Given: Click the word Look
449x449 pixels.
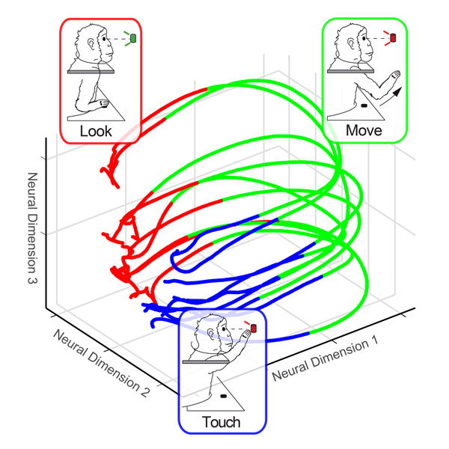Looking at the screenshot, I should coord(96,131).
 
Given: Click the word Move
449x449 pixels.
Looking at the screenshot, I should coord(364,131).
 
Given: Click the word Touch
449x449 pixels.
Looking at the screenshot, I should coord(222,423).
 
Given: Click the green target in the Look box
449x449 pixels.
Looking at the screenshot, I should coord(132,37).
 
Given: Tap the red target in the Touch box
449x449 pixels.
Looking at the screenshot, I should coord(252,327).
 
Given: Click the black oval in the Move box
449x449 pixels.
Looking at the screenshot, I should coord(365,106).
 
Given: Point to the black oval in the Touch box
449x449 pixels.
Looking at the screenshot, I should coord(224,395).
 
